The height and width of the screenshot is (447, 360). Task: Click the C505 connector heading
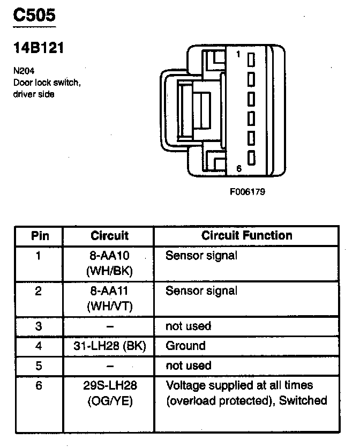click(x=34, y=16)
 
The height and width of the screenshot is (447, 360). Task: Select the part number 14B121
click(x=39, y=48)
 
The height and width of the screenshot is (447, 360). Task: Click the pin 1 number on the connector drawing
click(x=238, y=54)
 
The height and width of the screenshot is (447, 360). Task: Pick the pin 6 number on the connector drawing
click(x=238, y=169)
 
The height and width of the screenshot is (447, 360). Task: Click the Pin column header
click(x=40, y=235)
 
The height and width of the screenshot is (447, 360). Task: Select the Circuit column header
click(x=109, y=235)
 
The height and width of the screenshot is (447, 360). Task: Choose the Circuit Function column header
click(x=247, y=235)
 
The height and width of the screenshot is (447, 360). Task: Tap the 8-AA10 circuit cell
click(x=109, y=263)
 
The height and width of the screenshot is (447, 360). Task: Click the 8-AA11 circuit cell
click(x=109, y=298)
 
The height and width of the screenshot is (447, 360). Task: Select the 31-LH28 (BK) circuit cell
click(x=109, y=346)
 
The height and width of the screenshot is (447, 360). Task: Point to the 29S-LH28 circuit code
click(x=109, y=385)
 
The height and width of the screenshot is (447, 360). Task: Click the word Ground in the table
click(x=185, y=346)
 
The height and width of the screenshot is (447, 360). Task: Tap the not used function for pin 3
click(x=188, y=326)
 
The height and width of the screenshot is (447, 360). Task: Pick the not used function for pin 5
click(x=188, y=366)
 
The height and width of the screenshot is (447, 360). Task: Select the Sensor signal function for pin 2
click(x=201, y=291)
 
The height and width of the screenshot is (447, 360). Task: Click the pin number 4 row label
click(x=39, y=346)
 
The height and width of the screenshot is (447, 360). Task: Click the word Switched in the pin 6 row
click(x=306, y=401)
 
